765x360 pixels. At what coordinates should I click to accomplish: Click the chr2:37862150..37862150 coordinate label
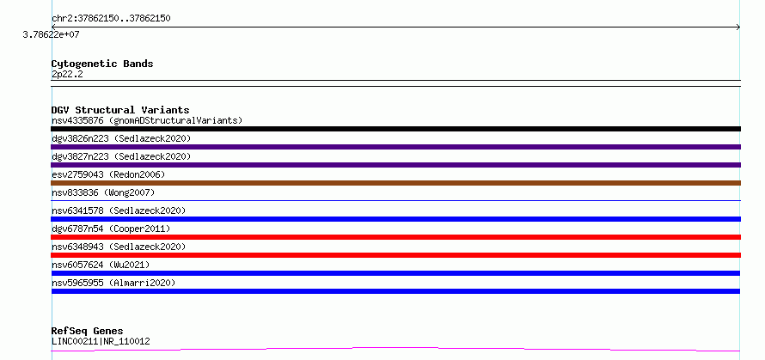point(111,19)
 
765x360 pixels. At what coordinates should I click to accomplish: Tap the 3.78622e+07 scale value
point(51,34)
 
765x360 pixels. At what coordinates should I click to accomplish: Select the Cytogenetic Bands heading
point(102,64)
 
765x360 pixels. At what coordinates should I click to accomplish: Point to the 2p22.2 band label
point(67,74)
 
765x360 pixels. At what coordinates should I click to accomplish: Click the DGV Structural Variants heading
point(120,110)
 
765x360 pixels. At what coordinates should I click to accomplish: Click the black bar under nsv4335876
point(395,129)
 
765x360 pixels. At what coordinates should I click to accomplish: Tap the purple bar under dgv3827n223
point(395,165)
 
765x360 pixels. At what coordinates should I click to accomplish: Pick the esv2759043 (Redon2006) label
point(108,174)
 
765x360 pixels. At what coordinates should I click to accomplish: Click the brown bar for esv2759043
point(395,183)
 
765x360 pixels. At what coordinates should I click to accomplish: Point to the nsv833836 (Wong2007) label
point(103,192)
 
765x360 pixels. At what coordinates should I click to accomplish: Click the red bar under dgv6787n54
point(395,237)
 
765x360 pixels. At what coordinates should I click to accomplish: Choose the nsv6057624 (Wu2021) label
point(101,265)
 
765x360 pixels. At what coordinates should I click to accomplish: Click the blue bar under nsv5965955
point(395,291)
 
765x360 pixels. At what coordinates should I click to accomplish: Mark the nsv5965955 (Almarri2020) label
point(113,283)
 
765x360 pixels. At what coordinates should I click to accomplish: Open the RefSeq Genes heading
point(88,332)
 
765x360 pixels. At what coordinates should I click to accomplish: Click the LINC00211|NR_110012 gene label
point(101,341)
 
